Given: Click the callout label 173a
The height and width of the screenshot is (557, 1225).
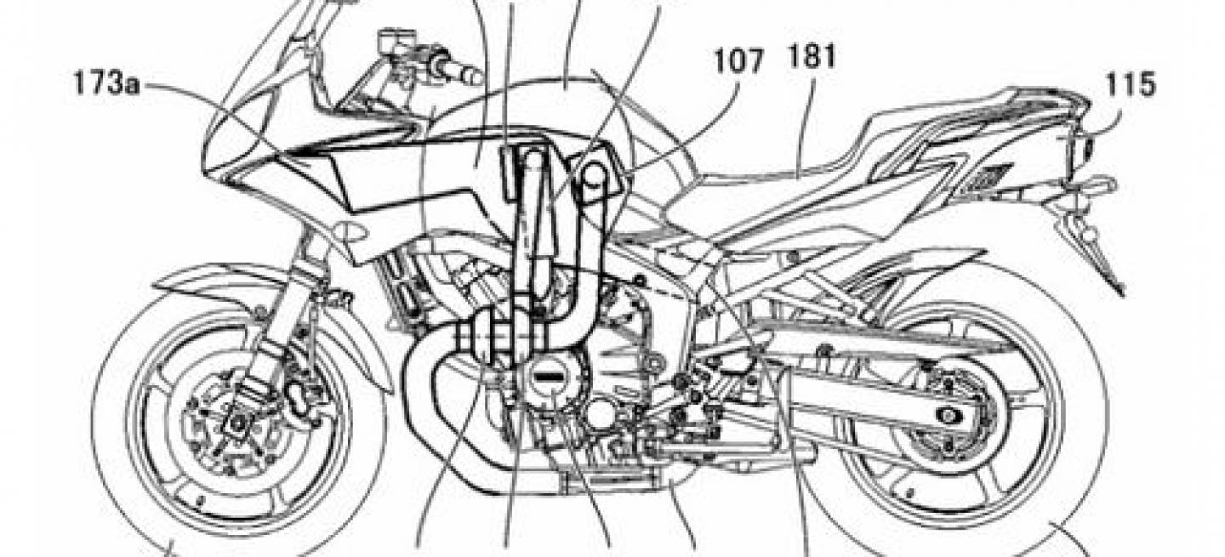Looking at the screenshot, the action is (x=107, y=85).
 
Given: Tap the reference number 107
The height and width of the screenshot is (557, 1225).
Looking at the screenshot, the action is (x=738, y=61).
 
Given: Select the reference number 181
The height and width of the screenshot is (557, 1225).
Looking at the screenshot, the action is (x=812, y=57).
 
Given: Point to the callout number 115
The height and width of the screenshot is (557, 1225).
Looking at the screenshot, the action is (x=1131, y=85).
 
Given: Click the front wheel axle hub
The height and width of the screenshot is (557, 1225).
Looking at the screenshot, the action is (x=238, y=422).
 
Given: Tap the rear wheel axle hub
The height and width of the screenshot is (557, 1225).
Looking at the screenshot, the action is (x=949, y=416).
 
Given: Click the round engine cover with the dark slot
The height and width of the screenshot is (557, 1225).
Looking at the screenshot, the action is (x=553, y=377).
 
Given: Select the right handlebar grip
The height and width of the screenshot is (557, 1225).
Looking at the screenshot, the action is (x=459, y=71).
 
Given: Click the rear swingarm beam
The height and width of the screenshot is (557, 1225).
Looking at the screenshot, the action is (x=853, y=383).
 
